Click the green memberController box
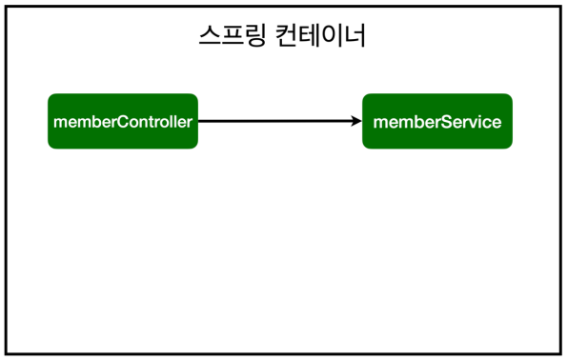[123, 121]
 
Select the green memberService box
[437, 121]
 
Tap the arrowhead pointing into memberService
[356, 121]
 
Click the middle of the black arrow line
[279, 121]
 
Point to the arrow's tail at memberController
[200, 121]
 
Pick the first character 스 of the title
[208, 37]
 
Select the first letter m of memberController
[60, 122]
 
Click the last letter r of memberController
[191, 122]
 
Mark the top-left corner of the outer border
[6, 6]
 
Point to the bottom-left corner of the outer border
[6, 352]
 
